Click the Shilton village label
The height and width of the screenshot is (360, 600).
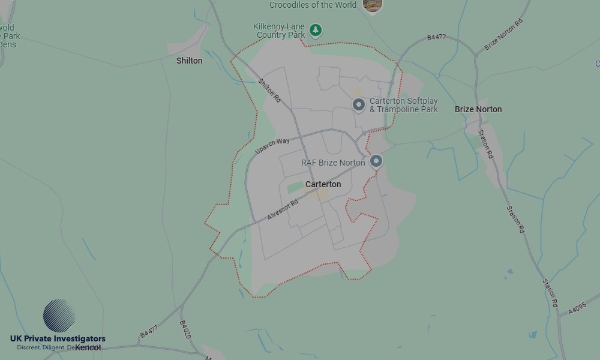pyautogui.click(x=190, y=61)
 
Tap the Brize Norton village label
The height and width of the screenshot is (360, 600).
pyautogui.click(x=478, y=109)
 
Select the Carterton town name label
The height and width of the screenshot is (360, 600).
pyautogui.click(x=323, y=184)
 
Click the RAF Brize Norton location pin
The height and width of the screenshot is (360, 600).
pyautogui.click(x=376, y=161)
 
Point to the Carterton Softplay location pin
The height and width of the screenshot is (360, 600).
pyautogui.click(x=358, y=105)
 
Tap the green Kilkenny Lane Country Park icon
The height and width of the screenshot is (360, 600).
pyautogui.click(x=316, y=29)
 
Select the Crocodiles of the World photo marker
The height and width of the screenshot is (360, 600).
pyautogui.click(x=373, y=5)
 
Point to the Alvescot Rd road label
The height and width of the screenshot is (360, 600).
pyautogui.click(x=283, y=209)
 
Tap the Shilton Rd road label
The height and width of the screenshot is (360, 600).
pyautogui.click(x=269, y=90)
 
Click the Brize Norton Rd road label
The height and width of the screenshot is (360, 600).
pyautogui.click(x=503, y=34)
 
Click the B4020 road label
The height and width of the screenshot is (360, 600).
pyautogui.click(x=185, y=329)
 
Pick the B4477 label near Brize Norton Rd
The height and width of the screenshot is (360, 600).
pyautogui.click(x=437, y=37)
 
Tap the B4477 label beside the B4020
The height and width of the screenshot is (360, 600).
pyautogui.click(x=149, y=331)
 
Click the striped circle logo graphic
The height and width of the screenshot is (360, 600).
pyautogui.click(x=59, y=316)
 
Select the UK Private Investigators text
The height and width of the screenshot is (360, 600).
pyautogui.click(x=58, y=339)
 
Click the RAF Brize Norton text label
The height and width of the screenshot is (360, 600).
pyautogui.click(x=333, y=163)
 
